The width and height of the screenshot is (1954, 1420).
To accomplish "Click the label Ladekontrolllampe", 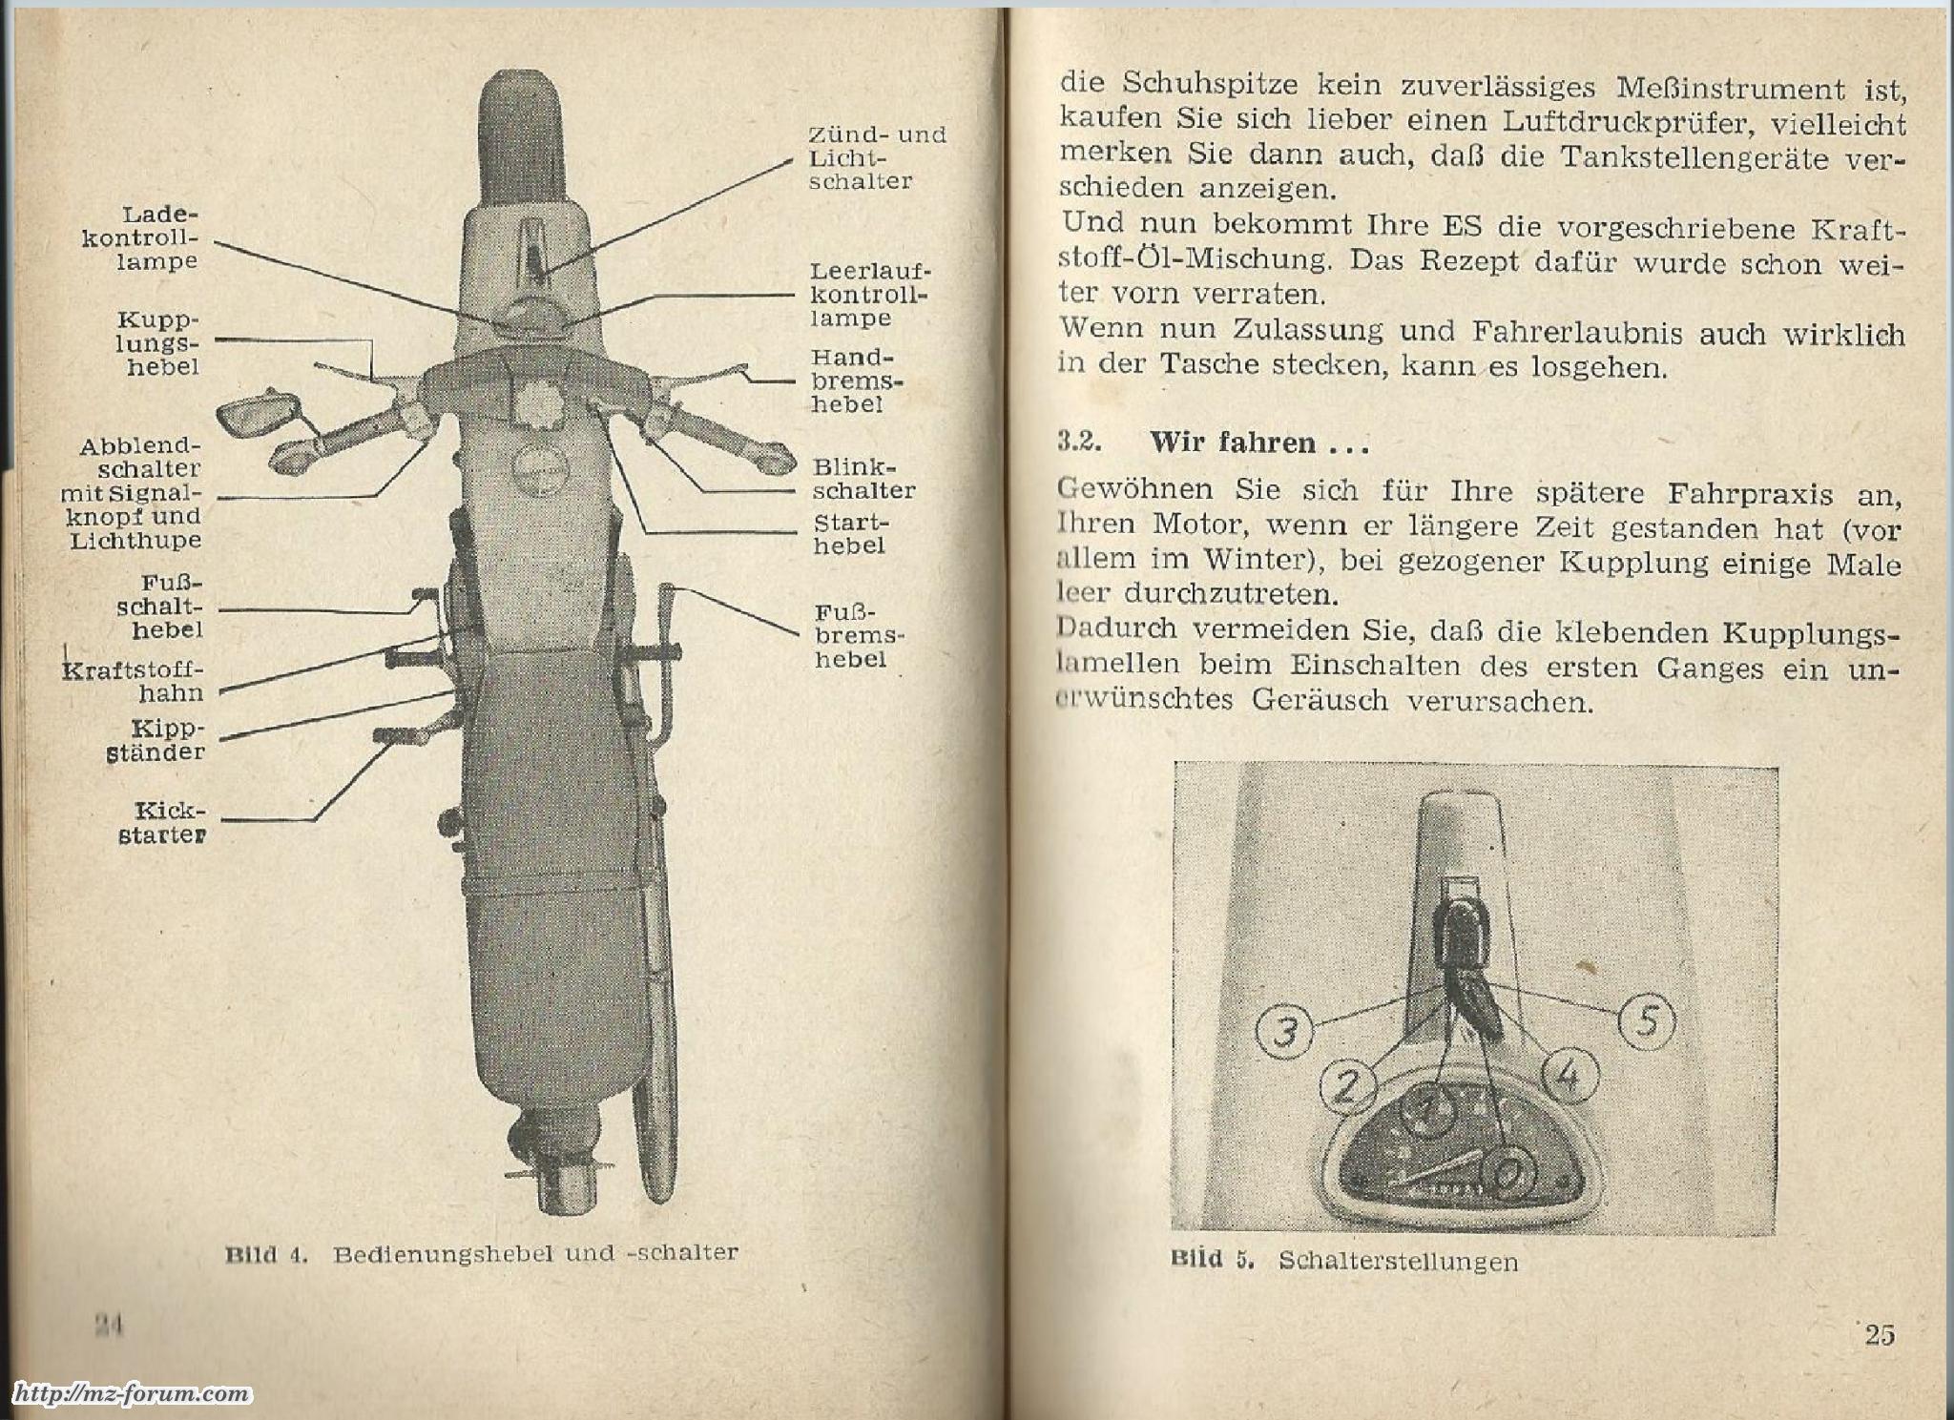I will click(x=140, y=238).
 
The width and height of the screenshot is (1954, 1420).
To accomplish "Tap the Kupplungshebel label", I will click(x=160, y=343).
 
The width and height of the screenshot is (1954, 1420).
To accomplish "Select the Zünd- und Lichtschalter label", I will click(x=876, y=158).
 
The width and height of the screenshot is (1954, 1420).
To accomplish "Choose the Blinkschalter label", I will click(x=863, y=480).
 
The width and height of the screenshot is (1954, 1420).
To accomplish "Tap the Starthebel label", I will click(x=849, y=535).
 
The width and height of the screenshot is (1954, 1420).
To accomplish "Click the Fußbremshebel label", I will click(x=859, y=636).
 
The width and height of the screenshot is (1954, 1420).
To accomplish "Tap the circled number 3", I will click(x=1284, y=1033).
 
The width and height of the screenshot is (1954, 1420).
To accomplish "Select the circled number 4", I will click(x=1566, y=1077).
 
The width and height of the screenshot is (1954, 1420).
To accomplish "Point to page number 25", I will click(x=1879, y=1334).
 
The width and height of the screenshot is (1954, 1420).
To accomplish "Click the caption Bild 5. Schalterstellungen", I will click(x=1343, y=1261).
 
